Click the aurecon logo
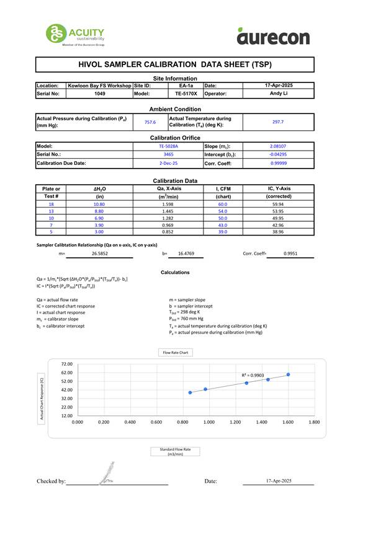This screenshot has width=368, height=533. click(x=272, y=37)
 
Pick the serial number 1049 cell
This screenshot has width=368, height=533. click(x=99, y=94)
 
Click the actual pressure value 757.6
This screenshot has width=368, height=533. click(x=150, y=122)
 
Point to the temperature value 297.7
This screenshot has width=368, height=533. click(x=277, y=122)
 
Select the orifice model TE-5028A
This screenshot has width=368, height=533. click(x=168, y=146)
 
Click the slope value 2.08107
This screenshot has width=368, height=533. click(x=277, y=146)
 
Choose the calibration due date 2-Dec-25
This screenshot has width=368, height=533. click(x=168, y=163)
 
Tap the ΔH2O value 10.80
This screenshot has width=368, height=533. click(x=99, y=204)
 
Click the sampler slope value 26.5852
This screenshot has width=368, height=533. click(x=100, y=253)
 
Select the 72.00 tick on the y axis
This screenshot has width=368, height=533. click(x=66, y=364)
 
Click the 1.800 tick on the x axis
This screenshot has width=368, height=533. click(x=314, y=421)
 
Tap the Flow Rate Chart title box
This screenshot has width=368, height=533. click(x=175, y=353)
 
